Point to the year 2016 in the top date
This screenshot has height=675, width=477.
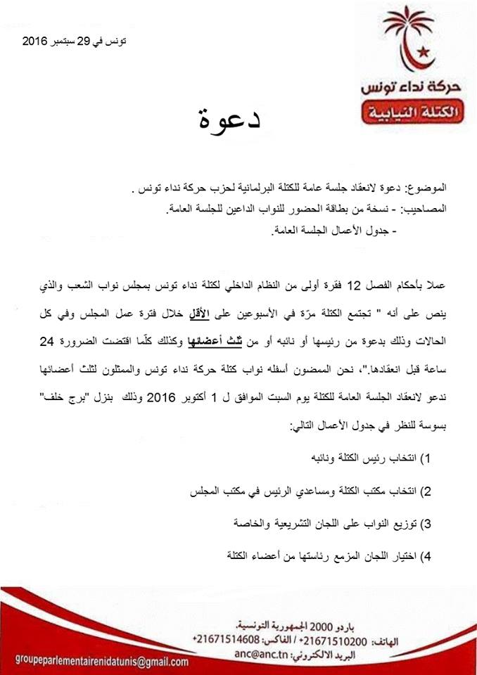click(x=34, y=42)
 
